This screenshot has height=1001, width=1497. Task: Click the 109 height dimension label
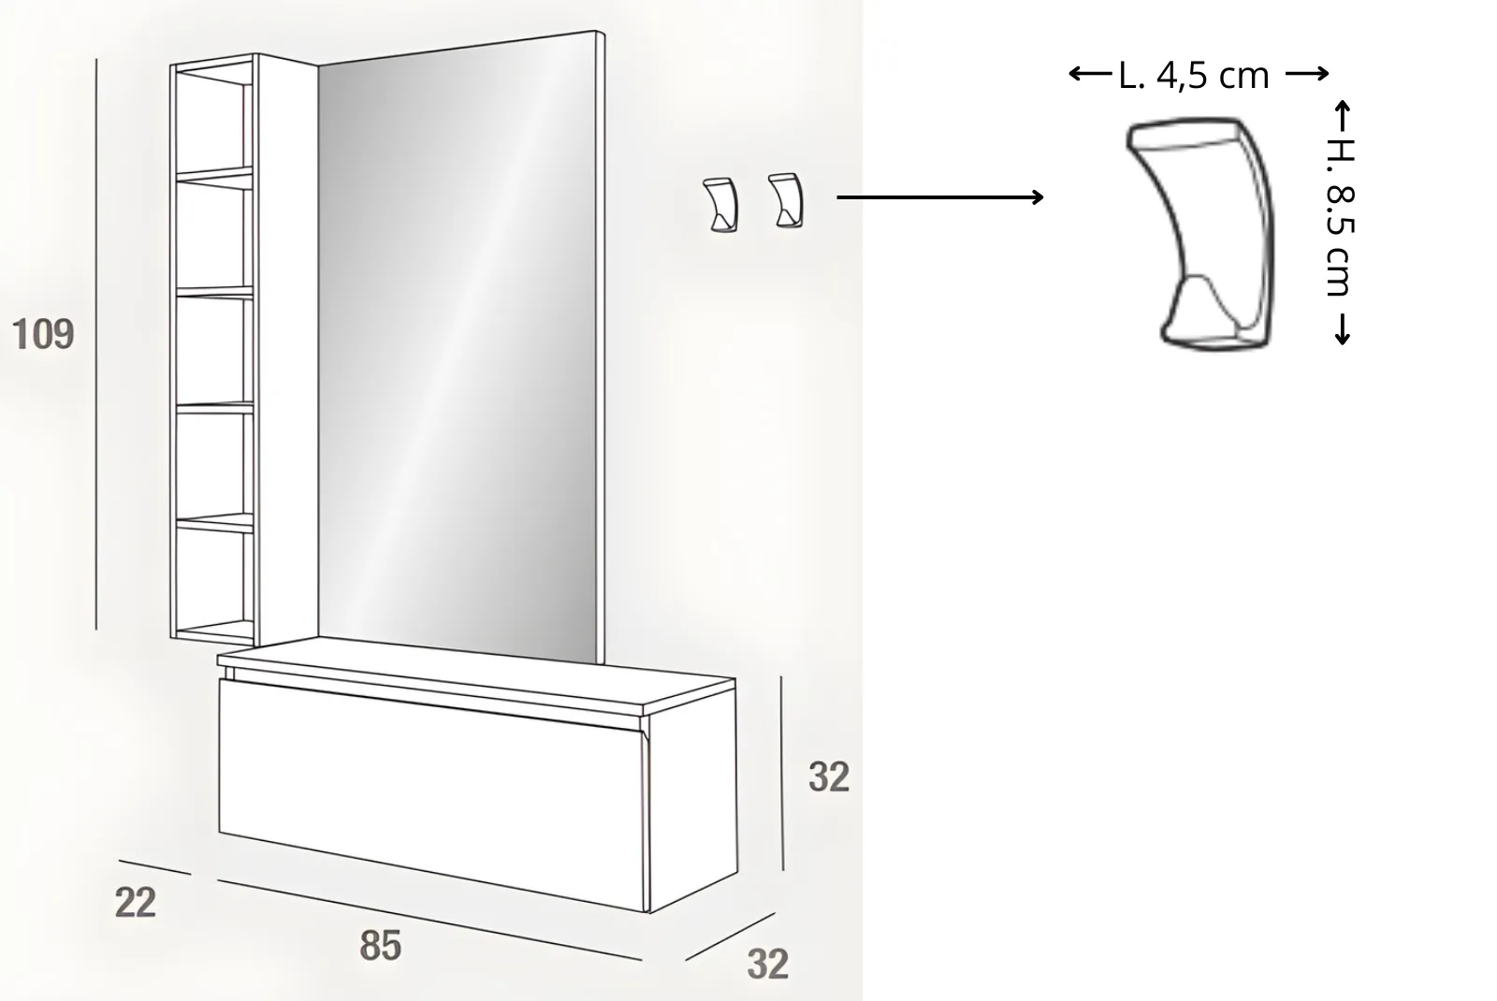tap(43, 334)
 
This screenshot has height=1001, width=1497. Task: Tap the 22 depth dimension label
tap(136, 902)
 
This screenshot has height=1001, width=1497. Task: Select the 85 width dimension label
tap(380, 945)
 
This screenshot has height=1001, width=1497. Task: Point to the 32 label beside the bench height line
tap(829, 776)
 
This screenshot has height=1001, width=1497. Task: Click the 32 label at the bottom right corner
tap(768, 964)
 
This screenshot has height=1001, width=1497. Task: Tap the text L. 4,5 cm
tap(1194, 76)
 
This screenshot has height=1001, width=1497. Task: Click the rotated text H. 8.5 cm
tap(1341, 217)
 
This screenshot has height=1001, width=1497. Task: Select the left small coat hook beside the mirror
tap(720, 205)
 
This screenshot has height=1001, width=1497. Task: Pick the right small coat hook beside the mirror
tap(786, 200)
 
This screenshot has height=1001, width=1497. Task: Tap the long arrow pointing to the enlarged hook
tap(939, 197)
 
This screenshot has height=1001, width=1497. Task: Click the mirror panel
tap(458, 347)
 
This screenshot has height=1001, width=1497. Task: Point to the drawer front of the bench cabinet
tap(431, 795)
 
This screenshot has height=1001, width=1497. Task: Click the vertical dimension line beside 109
tap(96, 344)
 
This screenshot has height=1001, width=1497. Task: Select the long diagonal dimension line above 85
tap(429, 921)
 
